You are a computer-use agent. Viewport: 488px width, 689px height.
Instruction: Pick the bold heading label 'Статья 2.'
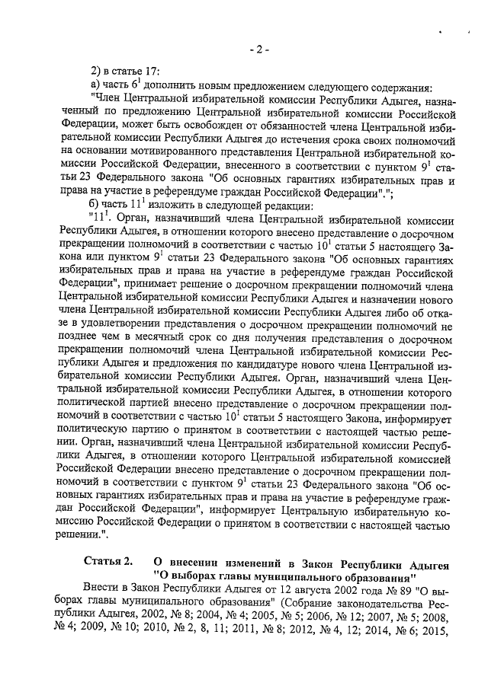click(108, 562)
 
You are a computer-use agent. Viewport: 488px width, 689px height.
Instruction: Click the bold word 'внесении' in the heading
click(205, 562)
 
